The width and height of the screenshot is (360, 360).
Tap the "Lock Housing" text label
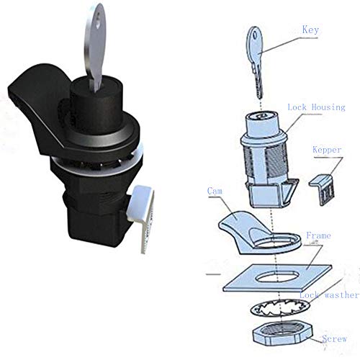[x=317, y=107]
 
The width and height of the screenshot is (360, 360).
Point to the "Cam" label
[x=214, y=192]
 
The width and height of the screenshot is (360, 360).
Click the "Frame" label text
[x=318, y=235]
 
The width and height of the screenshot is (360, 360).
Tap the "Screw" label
[x=335, y=338]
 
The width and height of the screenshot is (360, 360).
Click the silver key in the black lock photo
[x=100, y=43]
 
